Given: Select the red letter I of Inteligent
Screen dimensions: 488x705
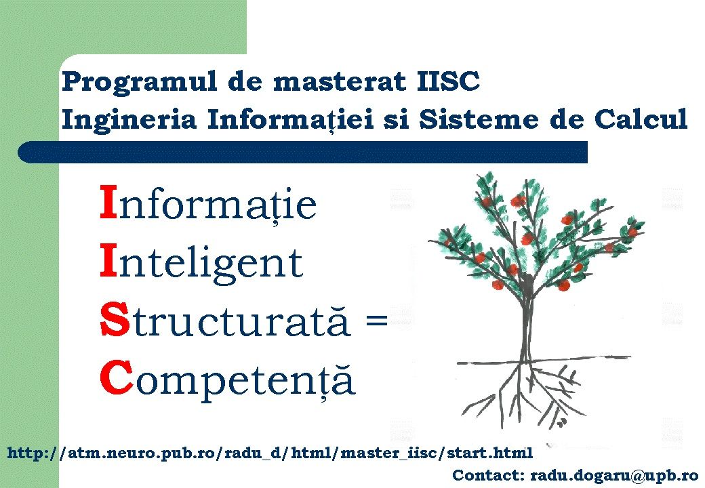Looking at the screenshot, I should pos(108,262).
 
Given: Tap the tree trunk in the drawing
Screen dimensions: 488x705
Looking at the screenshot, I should pos(525,325).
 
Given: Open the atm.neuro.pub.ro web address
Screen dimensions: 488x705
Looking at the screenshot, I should pos(270,453).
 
